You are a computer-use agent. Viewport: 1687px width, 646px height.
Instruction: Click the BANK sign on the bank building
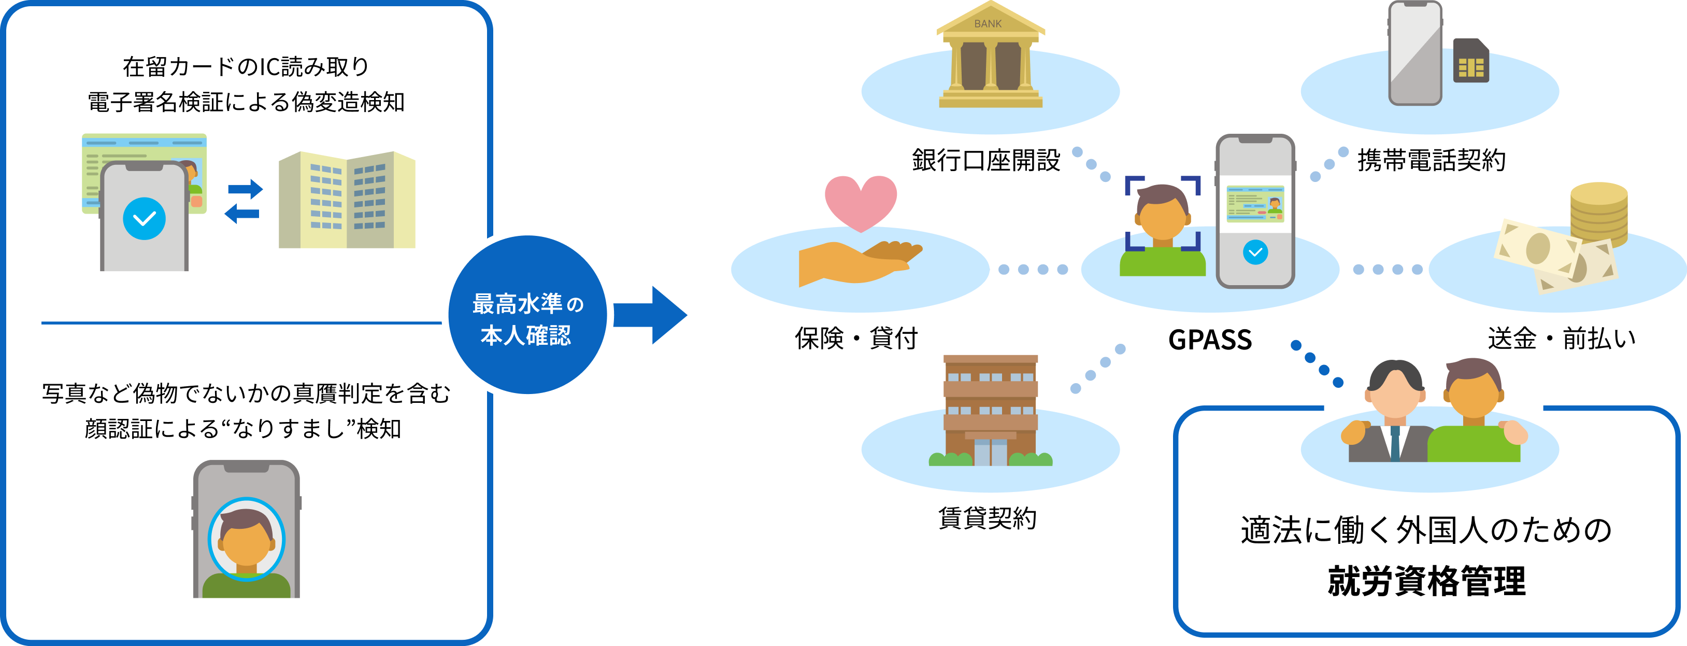tap(988, 23)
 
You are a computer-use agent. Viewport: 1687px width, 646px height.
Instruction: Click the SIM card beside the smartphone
tap(1471, 61)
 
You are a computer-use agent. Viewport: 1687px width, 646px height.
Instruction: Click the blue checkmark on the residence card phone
tap(144, 218)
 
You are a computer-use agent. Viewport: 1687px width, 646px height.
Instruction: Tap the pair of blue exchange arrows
tap(244, 201)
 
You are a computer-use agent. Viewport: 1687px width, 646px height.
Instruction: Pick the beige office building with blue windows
tap(347, 200)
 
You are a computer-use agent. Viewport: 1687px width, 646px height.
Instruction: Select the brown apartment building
tap(990, 410)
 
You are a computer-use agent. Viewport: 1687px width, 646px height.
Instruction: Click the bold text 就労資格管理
tap(1426, 581)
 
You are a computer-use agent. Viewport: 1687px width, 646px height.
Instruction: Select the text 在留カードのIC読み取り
tap(246, 67)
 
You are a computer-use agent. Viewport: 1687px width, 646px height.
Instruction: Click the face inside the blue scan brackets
tap(1162, 215)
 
